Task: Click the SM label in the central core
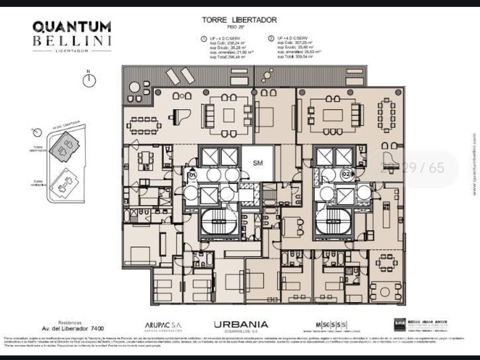[x=258, y=162]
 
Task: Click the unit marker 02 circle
[x=346, y=173]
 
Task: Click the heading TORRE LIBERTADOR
[x=239, y=20]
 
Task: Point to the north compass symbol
[x=88, y=80]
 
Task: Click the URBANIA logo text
[x=241, y=325]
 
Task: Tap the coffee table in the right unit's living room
[x=333, y=115]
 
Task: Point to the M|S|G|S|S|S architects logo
[x=335, y=324]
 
